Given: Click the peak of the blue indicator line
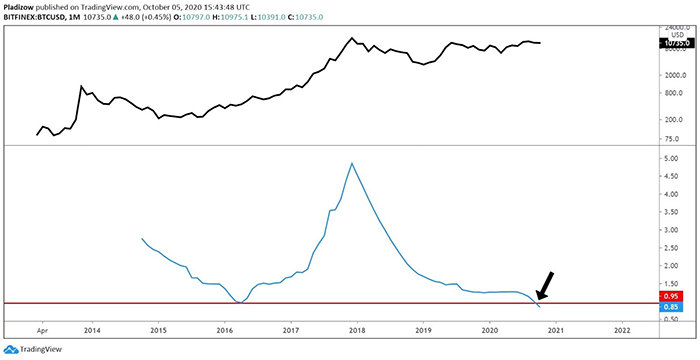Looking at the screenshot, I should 352,163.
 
